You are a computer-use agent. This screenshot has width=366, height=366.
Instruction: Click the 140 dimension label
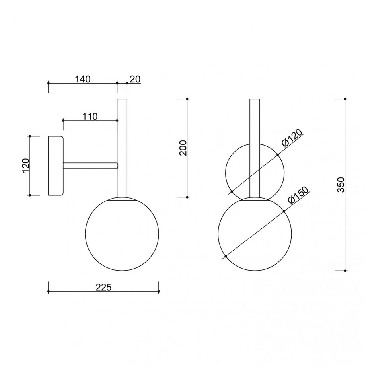pos(82,79)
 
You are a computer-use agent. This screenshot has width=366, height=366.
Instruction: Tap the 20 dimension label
pos(135,79)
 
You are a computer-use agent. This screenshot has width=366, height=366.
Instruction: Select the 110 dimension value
pos(90,116)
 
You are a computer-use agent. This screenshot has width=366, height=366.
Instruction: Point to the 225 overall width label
pos(104,287)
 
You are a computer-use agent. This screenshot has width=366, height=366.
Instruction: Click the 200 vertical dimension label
pos(183,148)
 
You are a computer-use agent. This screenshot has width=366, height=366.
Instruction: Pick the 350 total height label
pos(341,185)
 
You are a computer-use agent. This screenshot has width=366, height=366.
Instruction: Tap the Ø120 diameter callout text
pos(292,138)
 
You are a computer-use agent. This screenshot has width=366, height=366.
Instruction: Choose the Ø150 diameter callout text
pos(298,195)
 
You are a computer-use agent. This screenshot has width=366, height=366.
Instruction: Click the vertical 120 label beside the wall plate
pos(26,165)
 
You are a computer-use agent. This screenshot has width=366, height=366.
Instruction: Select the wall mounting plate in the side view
pos(56,166)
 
